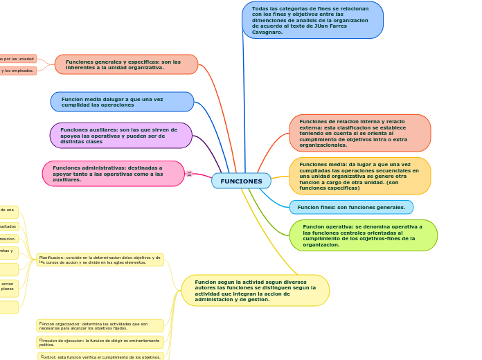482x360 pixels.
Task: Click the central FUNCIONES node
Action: (x=241, y=181)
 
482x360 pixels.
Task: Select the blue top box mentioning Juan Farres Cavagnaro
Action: (x=312, y=20)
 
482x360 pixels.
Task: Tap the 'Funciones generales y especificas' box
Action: (x=126, y=64)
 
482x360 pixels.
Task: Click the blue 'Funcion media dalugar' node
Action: (x=122, y=102)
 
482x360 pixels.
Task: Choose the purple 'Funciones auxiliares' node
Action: (x=120, y=135)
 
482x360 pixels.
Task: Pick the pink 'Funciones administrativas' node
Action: (x=113, y=174)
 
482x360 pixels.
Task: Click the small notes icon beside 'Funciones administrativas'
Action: (x=189, y=174)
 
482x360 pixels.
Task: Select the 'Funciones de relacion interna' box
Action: (x=359, y=133)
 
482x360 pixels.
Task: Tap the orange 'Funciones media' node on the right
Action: (x=359, y=176)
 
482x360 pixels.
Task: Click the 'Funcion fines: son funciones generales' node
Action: (x=351, y=207)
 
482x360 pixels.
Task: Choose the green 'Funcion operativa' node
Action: (x=363, y=235)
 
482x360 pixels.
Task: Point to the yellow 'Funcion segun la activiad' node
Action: (x=255, y=290)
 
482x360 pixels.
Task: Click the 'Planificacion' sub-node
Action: (x=100, y=260)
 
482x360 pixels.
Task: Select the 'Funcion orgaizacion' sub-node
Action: (x=100, y=325)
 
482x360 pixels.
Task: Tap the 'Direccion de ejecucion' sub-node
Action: (x=100, y=342)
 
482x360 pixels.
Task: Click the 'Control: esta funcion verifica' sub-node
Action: (x=100, y=357)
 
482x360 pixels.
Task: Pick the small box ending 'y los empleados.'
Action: (x=17, y=71)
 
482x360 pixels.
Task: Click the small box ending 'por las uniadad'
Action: (x=17, y=59)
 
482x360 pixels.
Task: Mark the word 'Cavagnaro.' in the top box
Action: (x=267, y=32)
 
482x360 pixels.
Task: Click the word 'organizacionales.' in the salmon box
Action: (x=323, y=145)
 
